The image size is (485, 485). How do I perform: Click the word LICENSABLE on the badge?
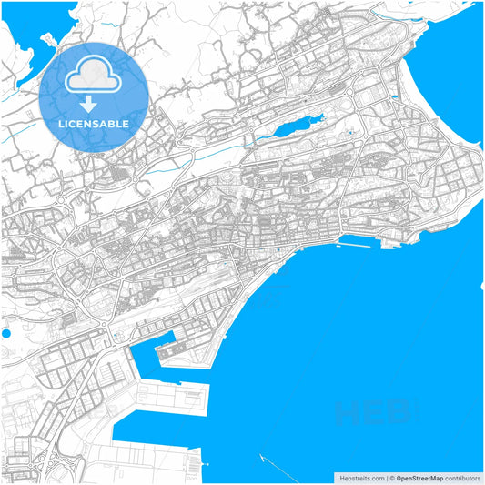93,123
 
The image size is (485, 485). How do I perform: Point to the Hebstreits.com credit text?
361,477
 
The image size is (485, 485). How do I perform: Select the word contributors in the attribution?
462,477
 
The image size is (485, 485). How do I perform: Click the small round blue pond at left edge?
5,334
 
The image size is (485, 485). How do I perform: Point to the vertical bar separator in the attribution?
384,477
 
